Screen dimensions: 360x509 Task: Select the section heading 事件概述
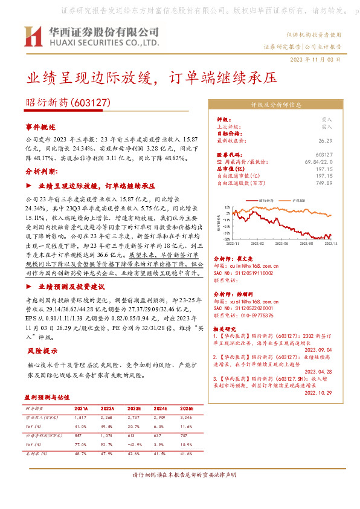tap(40, 128)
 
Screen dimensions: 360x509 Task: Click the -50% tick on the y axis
tap(226, 239)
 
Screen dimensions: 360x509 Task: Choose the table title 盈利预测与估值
tap(48, 398)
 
